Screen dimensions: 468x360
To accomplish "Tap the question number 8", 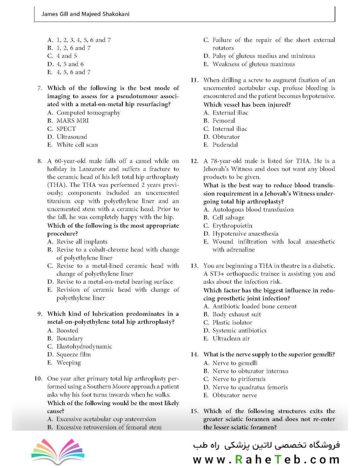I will tap(39, 161).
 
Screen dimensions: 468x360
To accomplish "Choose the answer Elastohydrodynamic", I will tap(84, 346).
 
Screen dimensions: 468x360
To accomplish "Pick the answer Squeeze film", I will tap(73, 354).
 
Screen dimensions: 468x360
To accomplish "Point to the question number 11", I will tap(195, 80).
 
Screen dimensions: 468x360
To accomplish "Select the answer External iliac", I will tap(230, 113).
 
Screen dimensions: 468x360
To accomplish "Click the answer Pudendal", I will tap(225, 145).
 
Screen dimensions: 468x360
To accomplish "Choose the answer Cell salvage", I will tap(228, 218).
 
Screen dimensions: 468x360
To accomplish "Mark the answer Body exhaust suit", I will tap(236, 314).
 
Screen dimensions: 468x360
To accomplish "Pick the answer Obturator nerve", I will tap(234, 395).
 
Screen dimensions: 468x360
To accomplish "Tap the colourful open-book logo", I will tap(55, 452).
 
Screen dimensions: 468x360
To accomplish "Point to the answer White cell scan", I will tap(77, 145).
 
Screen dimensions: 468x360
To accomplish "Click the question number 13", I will tap(195, 266).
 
